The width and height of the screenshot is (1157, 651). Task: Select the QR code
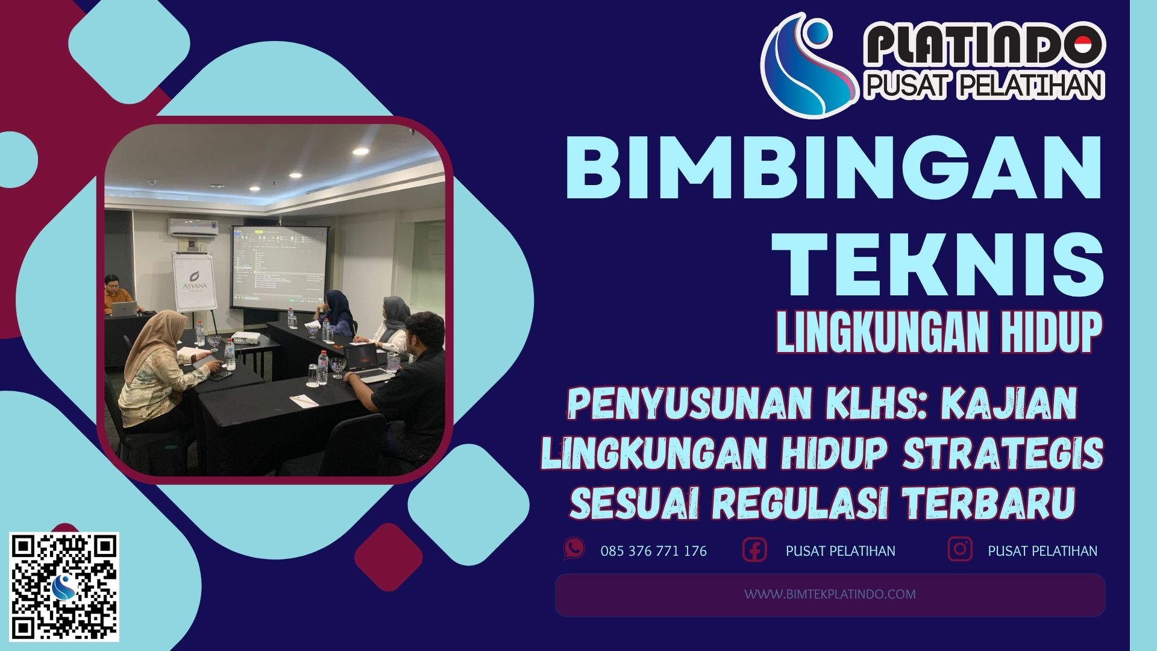click(66, 587)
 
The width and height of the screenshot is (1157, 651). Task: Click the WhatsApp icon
click(574, 549)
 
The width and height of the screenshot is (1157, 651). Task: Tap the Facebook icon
click(754, 550)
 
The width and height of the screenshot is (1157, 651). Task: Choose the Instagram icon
click(960, 550)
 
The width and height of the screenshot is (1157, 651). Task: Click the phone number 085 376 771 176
click(653, 551)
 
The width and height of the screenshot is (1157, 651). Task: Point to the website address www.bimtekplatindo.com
click(830, 594)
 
